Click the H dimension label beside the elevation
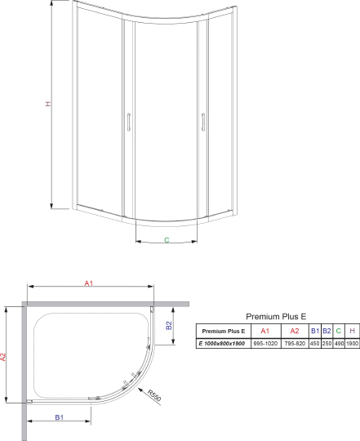click(47, 105)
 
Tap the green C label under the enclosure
click(166, 241)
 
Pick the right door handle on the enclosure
click(199, 123)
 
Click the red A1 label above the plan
click(90, 283)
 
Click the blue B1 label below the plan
click(60, 416)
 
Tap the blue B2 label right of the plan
click(168, 326)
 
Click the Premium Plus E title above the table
click(276, 315)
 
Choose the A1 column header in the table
click(264, 331)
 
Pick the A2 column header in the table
click(295, 331)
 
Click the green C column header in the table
click(338, 331)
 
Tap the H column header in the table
click(352, 331)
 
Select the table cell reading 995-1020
click(264, 344)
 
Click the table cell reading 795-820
click(295, 344)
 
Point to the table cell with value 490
click(338, 344)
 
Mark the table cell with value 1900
click(352, 344)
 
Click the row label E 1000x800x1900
click(222, 344)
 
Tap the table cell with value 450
click(315, 344)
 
